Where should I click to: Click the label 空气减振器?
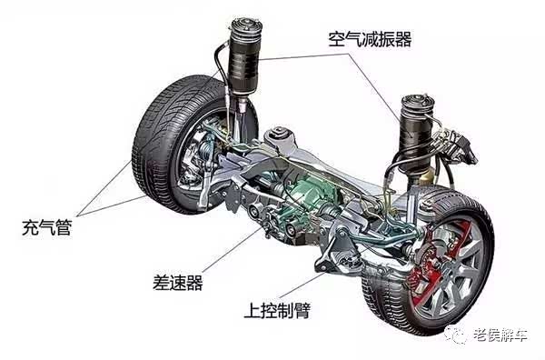(x=370, y=39)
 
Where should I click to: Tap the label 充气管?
(x=47, y=228)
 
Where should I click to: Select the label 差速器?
(x=178, y=282)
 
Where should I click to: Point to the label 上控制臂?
(x=277, y=311)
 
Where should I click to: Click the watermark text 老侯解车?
(x=500, y=335)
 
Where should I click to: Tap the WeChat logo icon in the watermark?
(x=455, y=335)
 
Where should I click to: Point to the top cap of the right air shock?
(x=418, y=101)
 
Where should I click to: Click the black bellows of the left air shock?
(x=243, y=63)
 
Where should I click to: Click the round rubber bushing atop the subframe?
(x=280, y=134)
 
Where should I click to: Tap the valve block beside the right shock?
(x=459, y=146)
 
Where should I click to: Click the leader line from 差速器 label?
(x=233, y=250)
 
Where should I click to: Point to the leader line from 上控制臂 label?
(x=302, y=285)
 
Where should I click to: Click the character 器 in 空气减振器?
(x=403, y=39)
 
